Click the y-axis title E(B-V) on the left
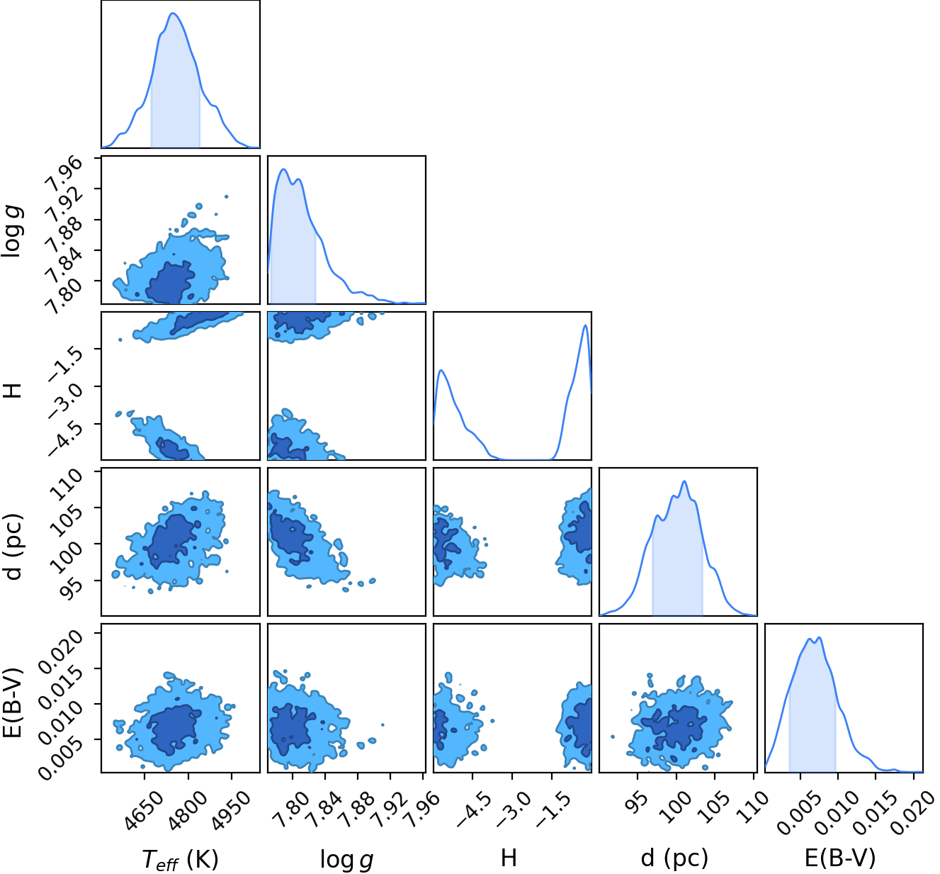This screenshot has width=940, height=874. point(12,703)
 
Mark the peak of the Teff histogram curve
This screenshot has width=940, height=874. point(174,13)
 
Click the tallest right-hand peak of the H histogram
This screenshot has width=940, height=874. point(586,325)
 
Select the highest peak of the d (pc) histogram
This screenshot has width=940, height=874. point(684,481)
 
